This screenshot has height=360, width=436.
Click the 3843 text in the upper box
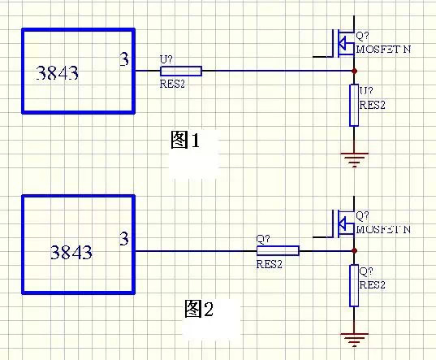point(58,73)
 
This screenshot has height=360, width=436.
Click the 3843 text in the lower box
point(71,253)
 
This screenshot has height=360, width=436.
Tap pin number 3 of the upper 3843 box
point(124,59)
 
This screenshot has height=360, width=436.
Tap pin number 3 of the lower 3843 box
point(124,239)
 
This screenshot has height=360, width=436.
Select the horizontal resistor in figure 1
point(181,71)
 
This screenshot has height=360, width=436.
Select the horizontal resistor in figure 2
point(278,250)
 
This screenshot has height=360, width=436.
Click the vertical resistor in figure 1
point(354,105)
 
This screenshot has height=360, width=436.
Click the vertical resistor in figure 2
point(354,285)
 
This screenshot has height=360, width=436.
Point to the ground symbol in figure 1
point(354,160)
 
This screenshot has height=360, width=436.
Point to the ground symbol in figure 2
point(354,340)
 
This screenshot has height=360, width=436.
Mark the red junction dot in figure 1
point(354,71)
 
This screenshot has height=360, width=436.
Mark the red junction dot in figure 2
point(354,250)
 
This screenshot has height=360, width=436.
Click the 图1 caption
point(185,140)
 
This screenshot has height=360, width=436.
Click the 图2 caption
point(199,309)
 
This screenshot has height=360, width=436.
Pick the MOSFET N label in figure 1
point(383,50)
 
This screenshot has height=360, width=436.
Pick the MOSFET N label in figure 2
point(383,229)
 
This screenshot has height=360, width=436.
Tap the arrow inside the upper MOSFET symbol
point(342,43)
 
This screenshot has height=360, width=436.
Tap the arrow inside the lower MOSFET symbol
point(342,223)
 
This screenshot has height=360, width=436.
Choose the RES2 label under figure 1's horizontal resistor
point(172,84)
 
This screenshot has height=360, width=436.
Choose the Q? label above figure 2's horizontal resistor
point(263,239)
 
